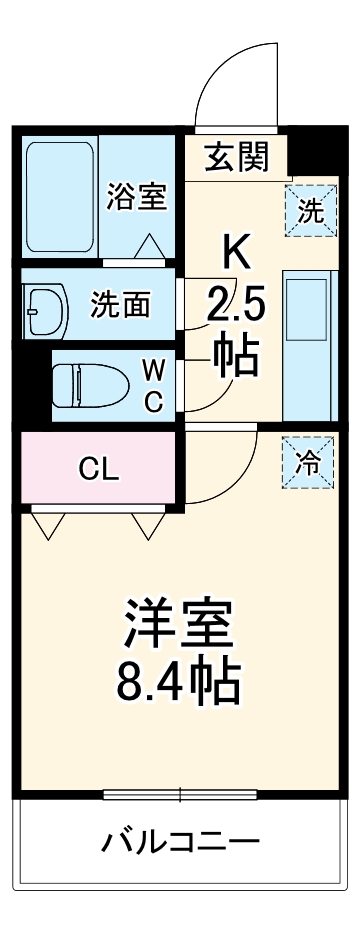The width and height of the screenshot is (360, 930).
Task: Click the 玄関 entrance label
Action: [237, 156]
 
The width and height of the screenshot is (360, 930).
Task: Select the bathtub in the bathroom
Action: [60, 197]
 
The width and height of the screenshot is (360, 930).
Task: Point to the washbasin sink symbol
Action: [45, 305]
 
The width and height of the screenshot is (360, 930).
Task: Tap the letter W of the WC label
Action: [153, 370]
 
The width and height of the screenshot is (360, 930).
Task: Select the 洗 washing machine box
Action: [310, 211]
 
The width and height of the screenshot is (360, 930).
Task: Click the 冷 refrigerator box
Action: [310, 462]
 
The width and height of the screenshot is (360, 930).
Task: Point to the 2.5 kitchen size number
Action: [236, 303]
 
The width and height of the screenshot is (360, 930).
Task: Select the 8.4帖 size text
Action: [180, 682]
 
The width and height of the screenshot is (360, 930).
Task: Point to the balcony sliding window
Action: [180, 796]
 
